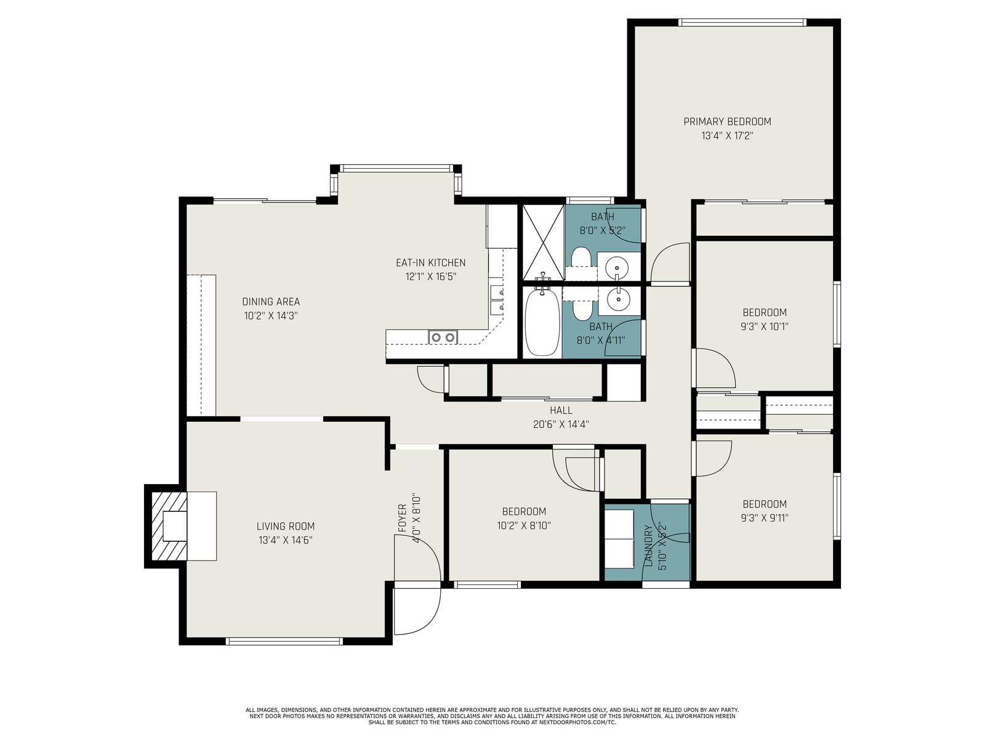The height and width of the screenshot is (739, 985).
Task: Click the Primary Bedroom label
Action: [x=727, y=121]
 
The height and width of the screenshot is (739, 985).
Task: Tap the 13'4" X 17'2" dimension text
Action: [x=727, y=135]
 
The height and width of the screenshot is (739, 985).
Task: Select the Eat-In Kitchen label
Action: [x=430, y=262]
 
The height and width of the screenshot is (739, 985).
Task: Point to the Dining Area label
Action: [x=271, y=302]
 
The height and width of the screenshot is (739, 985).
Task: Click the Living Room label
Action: [x=286, y=526]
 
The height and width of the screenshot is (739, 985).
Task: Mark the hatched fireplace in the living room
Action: [x=169, y=526]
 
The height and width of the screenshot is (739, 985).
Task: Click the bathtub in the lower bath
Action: [x=542, y=322]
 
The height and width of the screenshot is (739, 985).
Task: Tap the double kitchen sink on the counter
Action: [x=443, y=337]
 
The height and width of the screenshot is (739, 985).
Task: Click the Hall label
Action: [x=561, y=410]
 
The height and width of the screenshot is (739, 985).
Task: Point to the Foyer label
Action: [x=402, y=519]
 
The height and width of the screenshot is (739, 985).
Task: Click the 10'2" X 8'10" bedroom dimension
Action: [x=524, y=525]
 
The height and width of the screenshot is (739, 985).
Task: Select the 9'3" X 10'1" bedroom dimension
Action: [x=764, y=326]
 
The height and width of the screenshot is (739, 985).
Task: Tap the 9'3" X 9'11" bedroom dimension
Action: [x=764, y=518]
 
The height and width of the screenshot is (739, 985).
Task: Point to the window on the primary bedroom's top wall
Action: [x=742, y=22]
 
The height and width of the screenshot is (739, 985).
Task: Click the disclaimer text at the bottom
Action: [x=492, y=716]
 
